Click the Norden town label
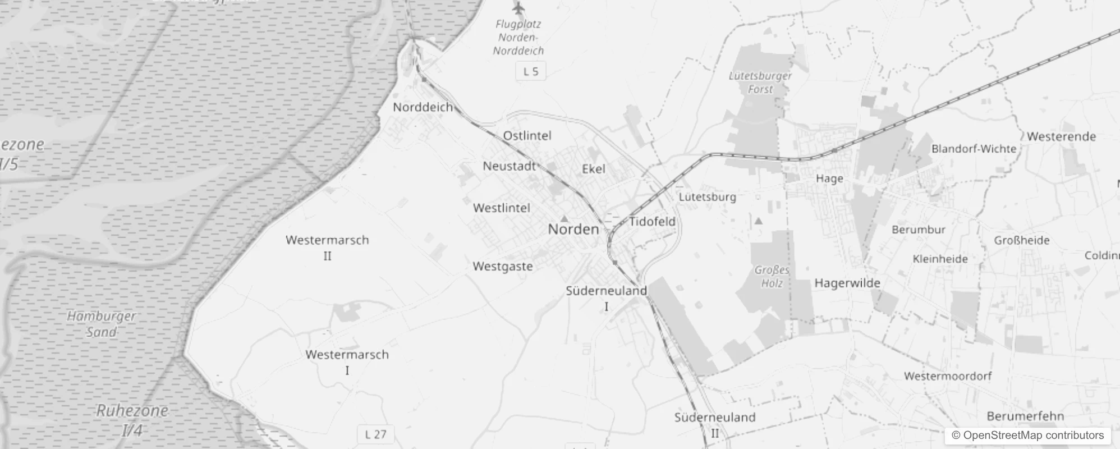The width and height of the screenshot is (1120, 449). tap(573, 229)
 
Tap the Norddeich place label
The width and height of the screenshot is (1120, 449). tap(423, 107)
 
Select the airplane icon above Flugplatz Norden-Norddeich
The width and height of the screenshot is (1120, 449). tap(518, 8)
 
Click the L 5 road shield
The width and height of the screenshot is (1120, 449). tap(530, 71)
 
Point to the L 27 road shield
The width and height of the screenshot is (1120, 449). tap(375, 434)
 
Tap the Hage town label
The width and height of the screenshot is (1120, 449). tap(829, 178)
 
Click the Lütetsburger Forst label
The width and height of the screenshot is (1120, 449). tap(760, 83)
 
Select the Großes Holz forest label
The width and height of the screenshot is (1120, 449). tap(772, 276)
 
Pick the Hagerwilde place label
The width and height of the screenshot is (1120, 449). tap(847, 283)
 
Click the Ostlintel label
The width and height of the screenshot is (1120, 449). tap(527, 135)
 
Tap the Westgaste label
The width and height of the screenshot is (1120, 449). tap(503, 266)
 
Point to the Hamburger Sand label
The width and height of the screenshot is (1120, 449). tap(102, 324)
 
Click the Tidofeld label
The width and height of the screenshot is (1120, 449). tap(652, 221)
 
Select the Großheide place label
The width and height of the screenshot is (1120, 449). tap(1021, 240)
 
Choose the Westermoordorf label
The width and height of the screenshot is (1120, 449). tap(948, 375)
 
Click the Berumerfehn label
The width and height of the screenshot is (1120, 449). tap(1025, 416)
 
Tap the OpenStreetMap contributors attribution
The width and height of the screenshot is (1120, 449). tap(1027, 435)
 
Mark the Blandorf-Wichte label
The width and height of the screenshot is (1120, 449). tap(974, 149)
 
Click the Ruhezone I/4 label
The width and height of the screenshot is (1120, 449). tap(132, 419)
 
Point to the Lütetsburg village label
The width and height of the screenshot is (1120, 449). tap(707, 197)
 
